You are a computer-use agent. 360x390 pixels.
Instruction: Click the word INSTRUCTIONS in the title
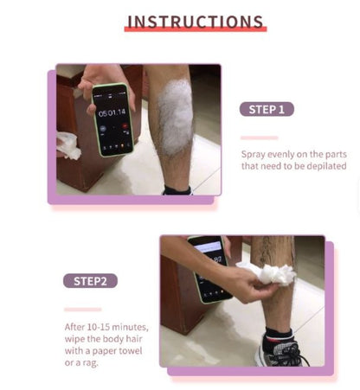click(195, 21)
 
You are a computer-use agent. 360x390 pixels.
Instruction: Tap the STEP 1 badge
click(267, 109)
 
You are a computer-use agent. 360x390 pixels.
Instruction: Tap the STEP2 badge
click(89, 280)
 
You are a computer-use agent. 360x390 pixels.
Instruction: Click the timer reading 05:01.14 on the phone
click(112, 112)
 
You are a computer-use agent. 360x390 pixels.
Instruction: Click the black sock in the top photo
click(177, 189)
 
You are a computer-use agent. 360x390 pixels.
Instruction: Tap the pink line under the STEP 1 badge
click(259, 137)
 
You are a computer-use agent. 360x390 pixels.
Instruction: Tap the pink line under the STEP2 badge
click(82, 309)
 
